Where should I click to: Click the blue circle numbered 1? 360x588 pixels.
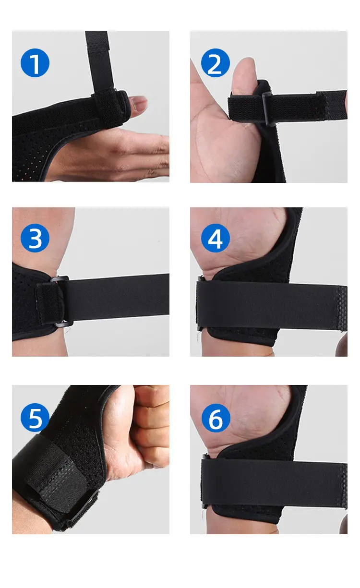35,63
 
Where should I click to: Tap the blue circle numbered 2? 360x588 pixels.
216,63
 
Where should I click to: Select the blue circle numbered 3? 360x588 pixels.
35,238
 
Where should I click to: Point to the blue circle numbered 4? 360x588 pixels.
216,238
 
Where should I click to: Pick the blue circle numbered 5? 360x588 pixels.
35,418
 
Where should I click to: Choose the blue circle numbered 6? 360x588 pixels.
216,418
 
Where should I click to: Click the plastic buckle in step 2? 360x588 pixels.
268,108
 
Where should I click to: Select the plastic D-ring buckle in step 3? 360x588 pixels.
61,300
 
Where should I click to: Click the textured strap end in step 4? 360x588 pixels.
342,309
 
